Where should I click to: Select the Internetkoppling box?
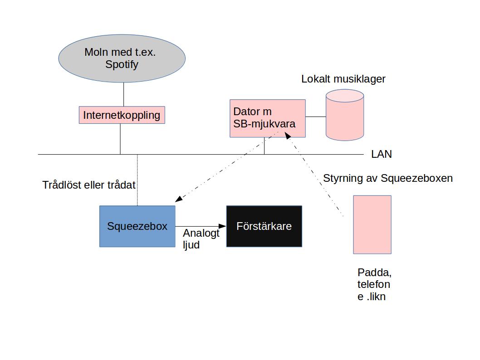coord(122,115)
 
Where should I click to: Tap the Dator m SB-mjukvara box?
coord(267,118)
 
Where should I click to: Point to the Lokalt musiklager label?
coord(343,79)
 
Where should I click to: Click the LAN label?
coord(381,154)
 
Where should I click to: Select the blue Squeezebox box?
coord(137,226)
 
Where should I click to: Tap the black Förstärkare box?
coord(264,226)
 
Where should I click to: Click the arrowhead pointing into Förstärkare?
coord(222,226)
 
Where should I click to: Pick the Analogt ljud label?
coord(201,238)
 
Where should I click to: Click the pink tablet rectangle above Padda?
coord(372,224)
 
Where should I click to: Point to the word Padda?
coord(374,273)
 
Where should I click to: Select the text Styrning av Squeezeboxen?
coord(387,178)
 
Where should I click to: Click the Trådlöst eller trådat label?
coord(89,185)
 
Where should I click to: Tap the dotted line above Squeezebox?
coord(137,181)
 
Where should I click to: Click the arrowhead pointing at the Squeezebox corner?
coord(179,199)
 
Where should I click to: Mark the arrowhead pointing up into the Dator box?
coord(287,135)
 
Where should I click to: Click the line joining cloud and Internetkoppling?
coord(124,94)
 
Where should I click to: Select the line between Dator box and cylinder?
coord(316,117)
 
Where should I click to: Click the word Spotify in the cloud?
coord(122,64)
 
